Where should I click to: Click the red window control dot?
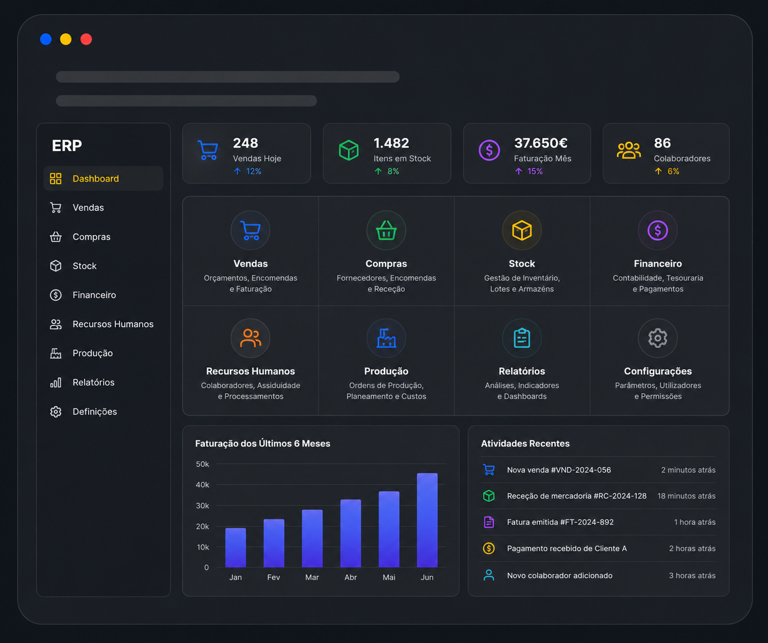click(x=86, y=39)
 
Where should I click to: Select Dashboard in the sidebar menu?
click(x=96, y=179)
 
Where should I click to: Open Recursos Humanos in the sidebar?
click(x=113, y=324)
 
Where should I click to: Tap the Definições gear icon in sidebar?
click(x=55, y=412)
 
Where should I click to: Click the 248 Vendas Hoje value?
click(x=246, y=143)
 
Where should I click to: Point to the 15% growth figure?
click(x=535, y=171)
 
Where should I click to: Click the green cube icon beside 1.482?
click(x=348, y=150)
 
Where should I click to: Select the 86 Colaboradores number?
click(x=662, y=143)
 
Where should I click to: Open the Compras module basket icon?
click(x=386, y=230)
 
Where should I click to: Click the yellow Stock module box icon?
click(x=521, y=230)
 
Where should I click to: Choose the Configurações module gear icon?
click(x=658, y=338)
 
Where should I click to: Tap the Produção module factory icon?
click(x=386, y=338)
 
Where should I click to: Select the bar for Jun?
click(x=427, y=520)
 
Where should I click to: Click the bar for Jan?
click(x=235, y=547)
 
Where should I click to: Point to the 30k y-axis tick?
click(x=202, y=506)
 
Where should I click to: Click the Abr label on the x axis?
click(x=350, y=577)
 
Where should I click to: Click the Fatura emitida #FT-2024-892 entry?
click(x=560, y=522)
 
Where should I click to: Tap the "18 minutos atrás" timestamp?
click(x=686, y=496)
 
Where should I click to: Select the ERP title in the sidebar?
click(x=67, y=146)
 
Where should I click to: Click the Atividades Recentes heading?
click(x=525, y=444)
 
